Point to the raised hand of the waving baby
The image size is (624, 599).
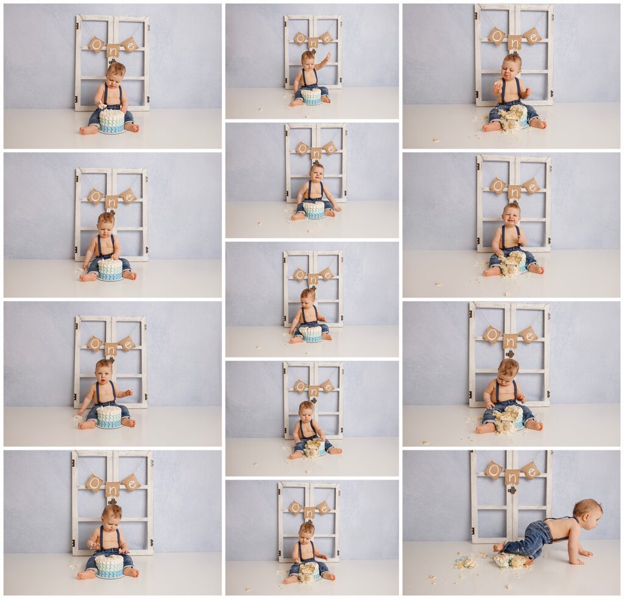[x=327, y=57]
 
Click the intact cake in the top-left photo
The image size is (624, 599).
[x=112, y=121]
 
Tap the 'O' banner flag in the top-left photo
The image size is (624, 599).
[x=96, y=44]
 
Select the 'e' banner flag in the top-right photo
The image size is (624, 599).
[x=532, y=37]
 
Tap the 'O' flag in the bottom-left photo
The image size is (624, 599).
[x=93, y=483]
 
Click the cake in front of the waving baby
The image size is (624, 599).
[x=311, y=96]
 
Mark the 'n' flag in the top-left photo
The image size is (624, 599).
[x=112, y=51]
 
